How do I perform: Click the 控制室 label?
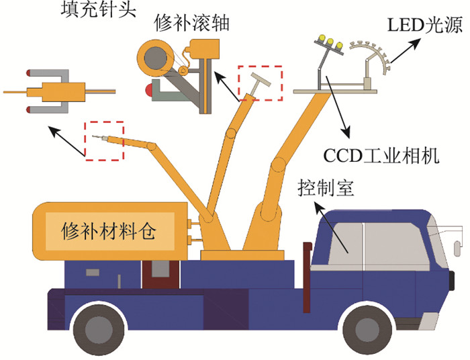[325, 189]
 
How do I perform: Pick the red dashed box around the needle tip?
[104, 141]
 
